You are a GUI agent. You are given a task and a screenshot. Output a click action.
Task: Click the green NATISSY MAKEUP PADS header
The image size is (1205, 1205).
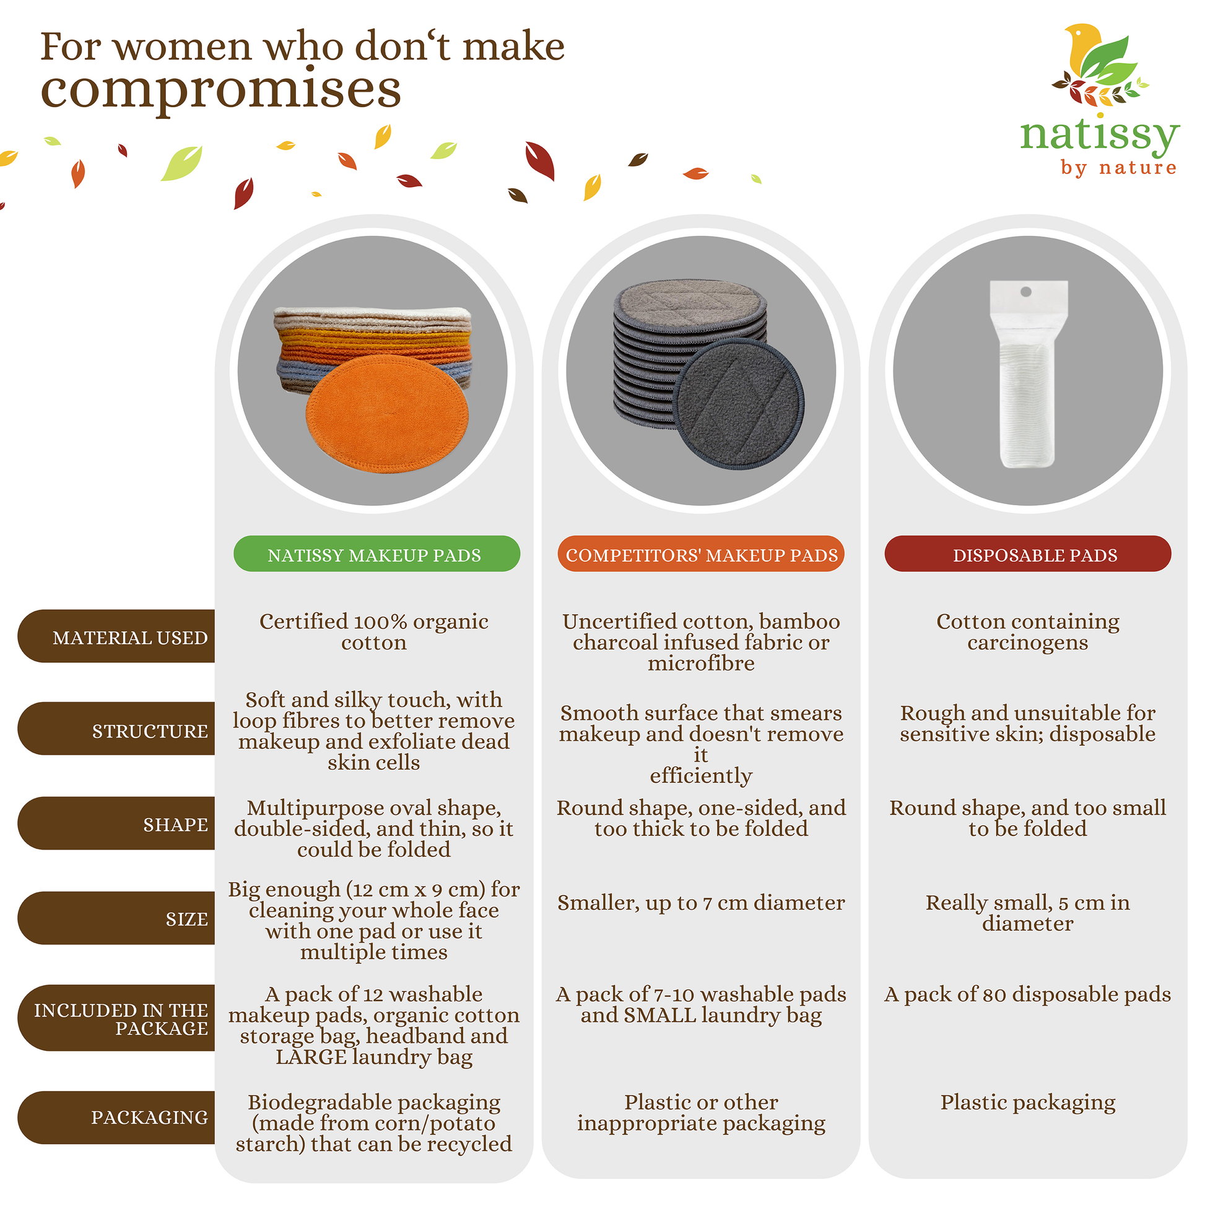click(x=376, y=554)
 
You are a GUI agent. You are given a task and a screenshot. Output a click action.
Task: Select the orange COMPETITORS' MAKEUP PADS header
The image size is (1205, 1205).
click(x=701, y=554)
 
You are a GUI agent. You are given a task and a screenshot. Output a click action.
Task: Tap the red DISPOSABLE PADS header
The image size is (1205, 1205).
click(x=1028, y=554)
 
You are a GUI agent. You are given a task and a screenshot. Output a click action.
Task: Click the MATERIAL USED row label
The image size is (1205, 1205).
click(x=116, y=636)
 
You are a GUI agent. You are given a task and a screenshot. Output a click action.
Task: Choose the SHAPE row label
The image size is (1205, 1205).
click(x=116, y=824)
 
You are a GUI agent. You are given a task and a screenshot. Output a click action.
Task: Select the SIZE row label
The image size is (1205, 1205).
click(x=116, y=918)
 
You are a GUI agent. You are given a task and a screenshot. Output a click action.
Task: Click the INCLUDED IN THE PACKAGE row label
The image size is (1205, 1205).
click(x=116, y=1018)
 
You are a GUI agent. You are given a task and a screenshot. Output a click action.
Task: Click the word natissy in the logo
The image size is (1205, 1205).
click(x=1100, y=136)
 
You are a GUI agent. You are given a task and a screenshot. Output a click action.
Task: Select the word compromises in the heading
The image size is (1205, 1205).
click(x=221, y=90)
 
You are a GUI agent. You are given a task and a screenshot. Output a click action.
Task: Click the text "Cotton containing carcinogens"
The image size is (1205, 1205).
click(x=1028, y=632)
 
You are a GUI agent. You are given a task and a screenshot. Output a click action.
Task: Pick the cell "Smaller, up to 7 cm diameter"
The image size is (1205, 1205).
click(x=701, y=902)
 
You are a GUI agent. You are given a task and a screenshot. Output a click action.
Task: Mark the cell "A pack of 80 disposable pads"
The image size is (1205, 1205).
click(x=1028, y=994)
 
